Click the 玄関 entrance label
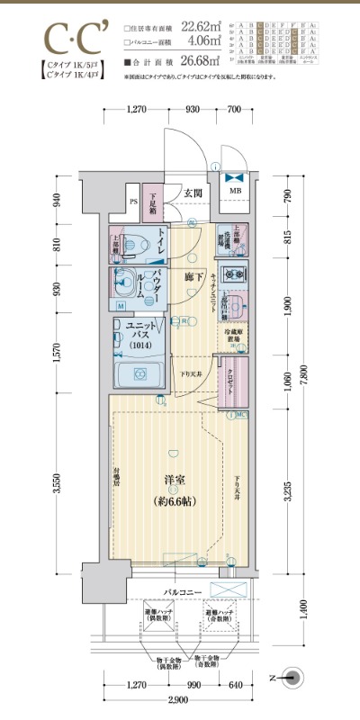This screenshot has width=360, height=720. click(x=193, y=193)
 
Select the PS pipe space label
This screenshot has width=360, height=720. click(x=133, y=202)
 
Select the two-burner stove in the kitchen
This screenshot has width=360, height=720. click(x=235, y=274)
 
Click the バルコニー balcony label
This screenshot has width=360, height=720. click(x=181, y=593)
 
